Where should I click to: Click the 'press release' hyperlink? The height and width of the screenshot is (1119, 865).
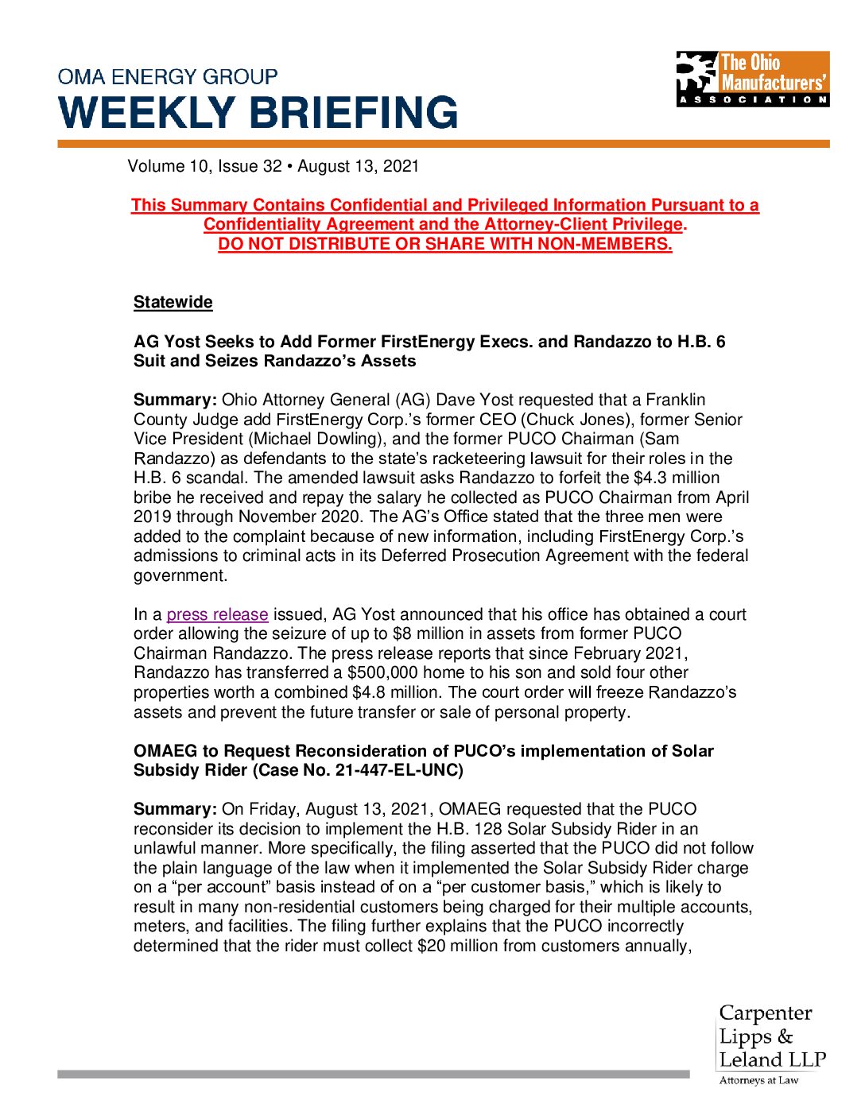[217, 614]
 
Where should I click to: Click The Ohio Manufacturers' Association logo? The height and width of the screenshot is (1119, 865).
[752, 79]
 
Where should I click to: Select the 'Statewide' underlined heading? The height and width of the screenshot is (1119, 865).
[173, 302]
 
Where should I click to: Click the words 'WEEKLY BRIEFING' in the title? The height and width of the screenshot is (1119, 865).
[258, 113]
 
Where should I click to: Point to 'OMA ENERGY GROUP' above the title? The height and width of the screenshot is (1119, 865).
[168, 77]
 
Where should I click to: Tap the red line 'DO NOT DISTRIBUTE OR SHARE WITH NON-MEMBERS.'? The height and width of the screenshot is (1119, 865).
[445, 244]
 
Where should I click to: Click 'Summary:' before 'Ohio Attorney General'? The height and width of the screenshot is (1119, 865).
[175, 400]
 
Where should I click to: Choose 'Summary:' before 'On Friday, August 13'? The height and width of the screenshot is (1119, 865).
[175, 809]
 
